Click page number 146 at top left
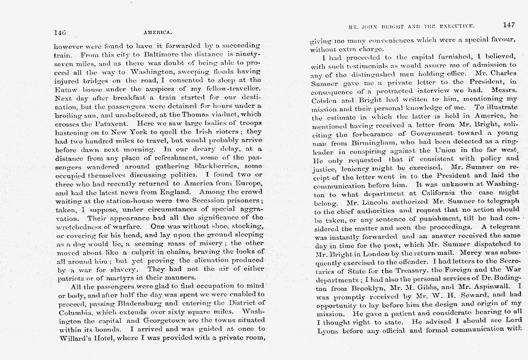[60, 32]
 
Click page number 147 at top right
[509, 25]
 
